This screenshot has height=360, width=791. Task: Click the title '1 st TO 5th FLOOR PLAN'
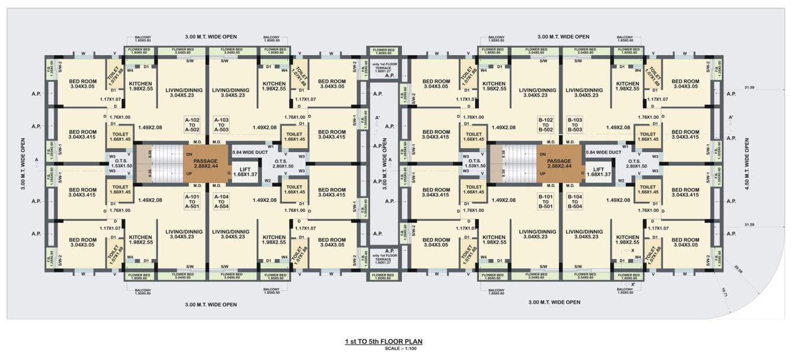click(384, 342)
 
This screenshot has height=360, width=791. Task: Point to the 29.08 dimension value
click(737, 270)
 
